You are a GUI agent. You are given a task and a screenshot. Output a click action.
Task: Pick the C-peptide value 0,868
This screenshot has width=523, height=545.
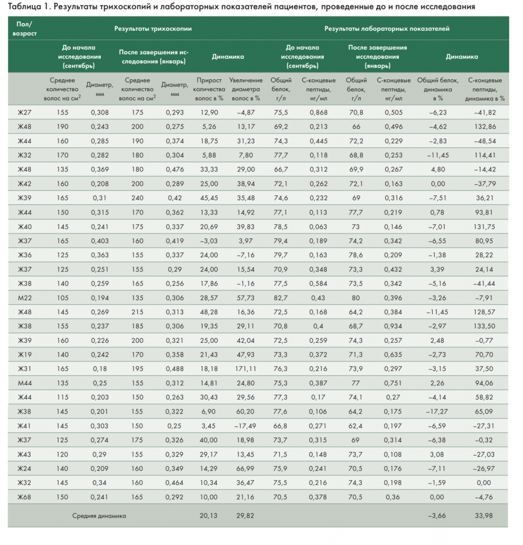(x=319, y=112)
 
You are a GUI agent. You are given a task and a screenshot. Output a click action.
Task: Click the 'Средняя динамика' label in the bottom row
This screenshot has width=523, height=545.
(x=99, y=515)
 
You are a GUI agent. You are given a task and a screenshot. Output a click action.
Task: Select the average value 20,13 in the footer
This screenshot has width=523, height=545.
(x=209, y=515)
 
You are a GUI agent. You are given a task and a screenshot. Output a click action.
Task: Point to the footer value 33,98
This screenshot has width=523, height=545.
(x=485, y=515)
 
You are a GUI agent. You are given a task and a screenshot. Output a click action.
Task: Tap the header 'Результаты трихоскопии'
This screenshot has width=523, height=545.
(x=153, y=28)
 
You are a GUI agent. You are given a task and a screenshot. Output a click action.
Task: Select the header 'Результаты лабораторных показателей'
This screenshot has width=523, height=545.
(x=387, y=28)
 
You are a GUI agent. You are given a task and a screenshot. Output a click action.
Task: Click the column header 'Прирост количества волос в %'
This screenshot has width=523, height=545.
(x=209, y=89)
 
